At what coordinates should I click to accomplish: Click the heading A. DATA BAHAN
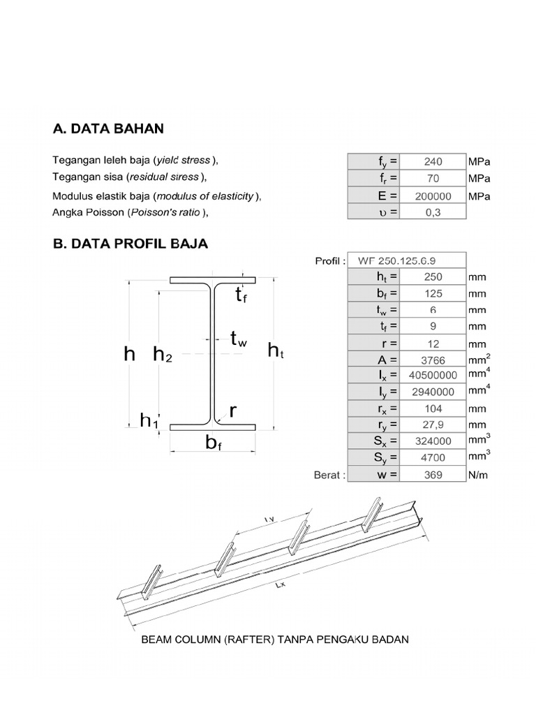[109, 129]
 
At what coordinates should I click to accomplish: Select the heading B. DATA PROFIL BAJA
[131, 244]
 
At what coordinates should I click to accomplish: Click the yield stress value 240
[433, 161]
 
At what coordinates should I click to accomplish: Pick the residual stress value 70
[433, 178]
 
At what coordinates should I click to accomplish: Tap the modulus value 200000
[433, 196]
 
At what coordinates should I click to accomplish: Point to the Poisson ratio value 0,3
[433, 212]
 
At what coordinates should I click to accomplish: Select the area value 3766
[433, 360]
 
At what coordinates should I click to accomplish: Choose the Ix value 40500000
[433, 376]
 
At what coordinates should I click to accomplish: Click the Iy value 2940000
[433, 392]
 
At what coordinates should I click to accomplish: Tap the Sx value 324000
[433, 441]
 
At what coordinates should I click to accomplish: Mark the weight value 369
[433, 475]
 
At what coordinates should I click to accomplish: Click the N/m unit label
[479, 475]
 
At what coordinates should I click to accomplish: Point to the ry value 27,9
[433, 425]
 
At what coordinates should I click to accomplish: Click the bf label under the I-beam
[214, 442]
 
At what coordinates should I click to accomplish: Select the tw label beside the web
[238, 339]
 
